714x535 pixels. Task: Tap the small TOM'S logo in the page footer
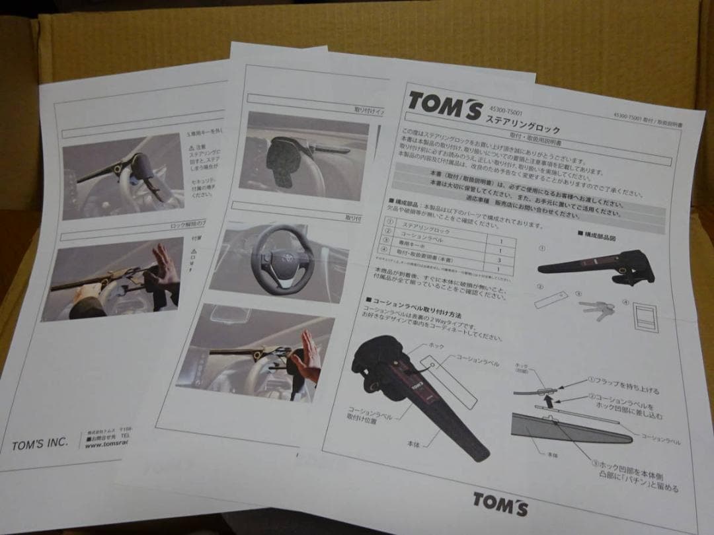[x=500, y=503]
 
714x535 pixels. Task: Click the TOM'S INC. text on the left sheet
[x=40, y=444]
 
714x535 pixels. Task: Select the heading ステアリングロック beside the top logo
[x=523, y=123]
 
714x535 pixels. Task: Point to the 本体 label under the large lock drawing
[x=414, y=445]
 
